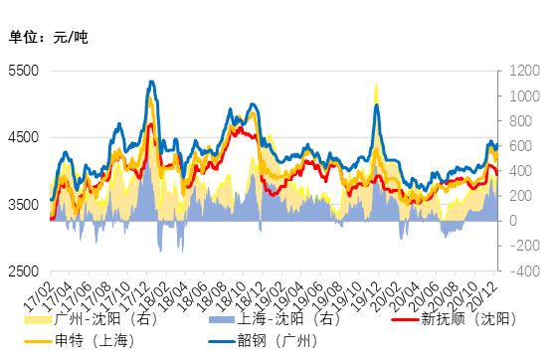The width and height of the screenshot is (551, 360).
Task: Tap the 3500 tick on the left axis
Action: (x=23, y=205)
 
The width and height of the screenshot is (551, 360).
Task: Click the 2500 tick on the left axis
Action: (x=23, y=271)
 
